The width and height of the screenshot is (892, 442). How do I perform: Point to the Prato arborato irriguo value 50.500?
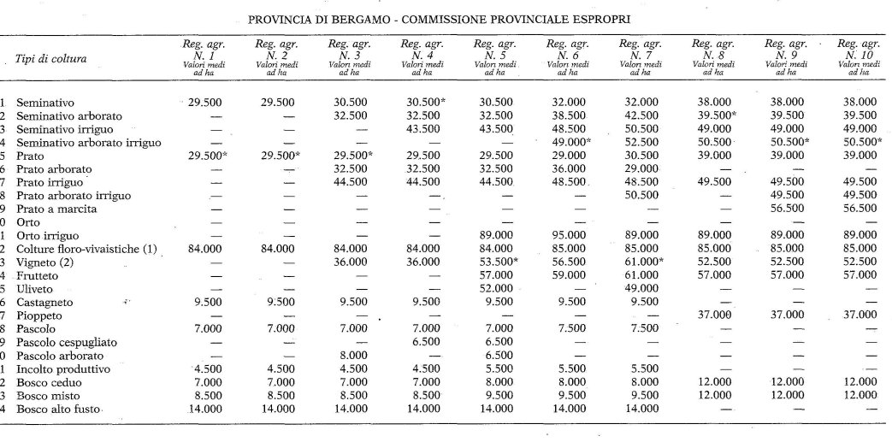click(x=640, y=195)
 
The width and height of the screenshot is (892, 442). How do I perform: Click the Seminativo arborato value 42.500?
click(x=640, y=115)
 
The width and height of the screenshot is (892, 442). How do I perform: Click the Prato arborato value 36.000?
click(x=567, y=168)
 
